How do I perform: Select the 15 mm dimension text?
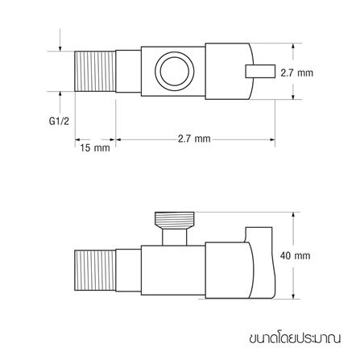click(x=95, y=148)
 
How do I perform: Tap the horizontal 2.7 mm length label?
click(x=193, y=139)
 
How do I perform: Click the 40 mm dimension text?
click(x=294, y=255)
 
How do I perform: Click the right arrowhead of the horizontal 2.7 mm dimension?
click(x=273, y=139)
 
